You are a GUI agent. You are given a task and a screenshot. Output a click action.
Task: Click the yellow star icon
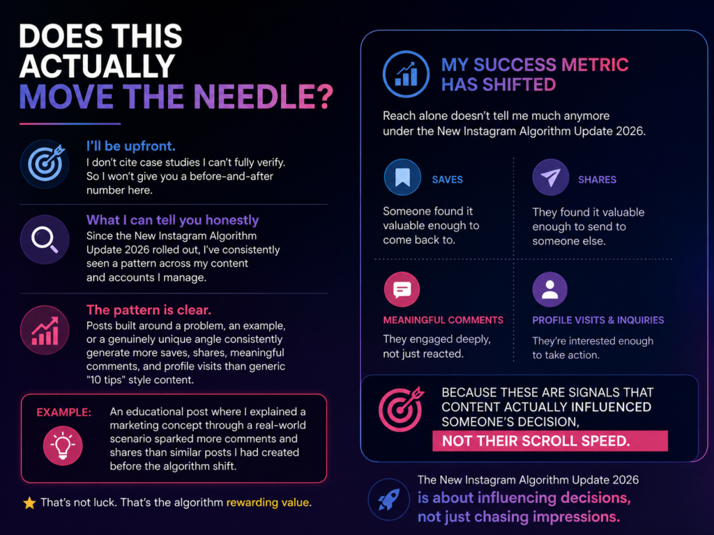coord(29,503)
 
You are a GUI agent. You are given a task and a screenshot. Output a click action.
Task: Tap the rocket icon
coord(389,499)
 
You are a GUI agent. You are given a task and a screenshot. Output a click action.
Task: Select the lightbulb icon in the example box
coord(63,445)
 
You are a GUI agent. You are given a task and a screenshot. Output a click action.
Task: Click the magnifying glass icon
coord(45,240)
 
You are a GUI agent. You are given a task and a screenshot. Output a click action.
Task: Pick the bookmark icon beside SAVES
coord(402,178)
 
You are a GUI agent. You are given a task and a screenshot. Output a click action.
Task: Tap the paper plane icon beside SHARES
coord(551,178)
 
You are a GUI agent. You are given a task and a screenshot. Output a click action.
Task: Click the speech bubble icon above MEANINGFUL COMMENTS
coord(402,289)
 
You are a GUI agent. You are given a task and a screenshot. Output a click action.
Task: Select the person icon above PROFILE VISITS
coord(549,289)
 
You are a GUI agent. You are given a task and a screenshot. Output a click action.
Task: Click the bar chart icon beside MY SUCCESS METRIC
coord(406,74)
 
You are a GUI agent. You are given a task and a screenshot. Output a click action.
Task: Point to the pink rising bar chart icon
coord(45,329)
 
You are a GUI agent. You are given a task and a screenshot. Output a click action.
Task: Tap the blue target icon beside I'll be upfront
coord(45,164)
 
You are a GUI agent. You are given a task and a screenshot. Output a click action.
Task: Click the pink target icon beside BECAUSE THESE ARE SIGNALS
coord(401,409)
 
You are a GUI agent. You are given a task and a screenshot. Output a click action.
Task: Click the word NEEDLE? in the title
coord(263,96)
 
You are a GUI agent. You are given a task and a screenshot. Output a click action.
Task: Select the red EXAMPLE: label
coord(63,412)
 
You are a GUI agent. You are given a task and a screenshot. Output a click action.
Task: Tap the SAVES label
coord(447,180)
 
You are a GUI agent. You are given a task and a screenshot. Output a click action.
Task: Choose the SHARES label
coord(597,180)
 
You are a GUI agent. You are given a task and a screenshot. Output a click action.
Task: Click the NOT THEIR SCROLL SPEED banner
coord(550,441)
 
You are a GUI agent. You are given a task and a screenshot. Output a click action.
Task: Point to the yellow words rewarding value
coord(268,503)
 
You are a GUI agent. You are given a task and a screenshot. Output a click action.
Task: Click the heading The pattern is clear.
coord(149,310)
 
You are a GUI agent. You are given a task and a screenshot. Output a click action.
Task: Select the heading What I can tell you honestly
coord(173,220)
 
